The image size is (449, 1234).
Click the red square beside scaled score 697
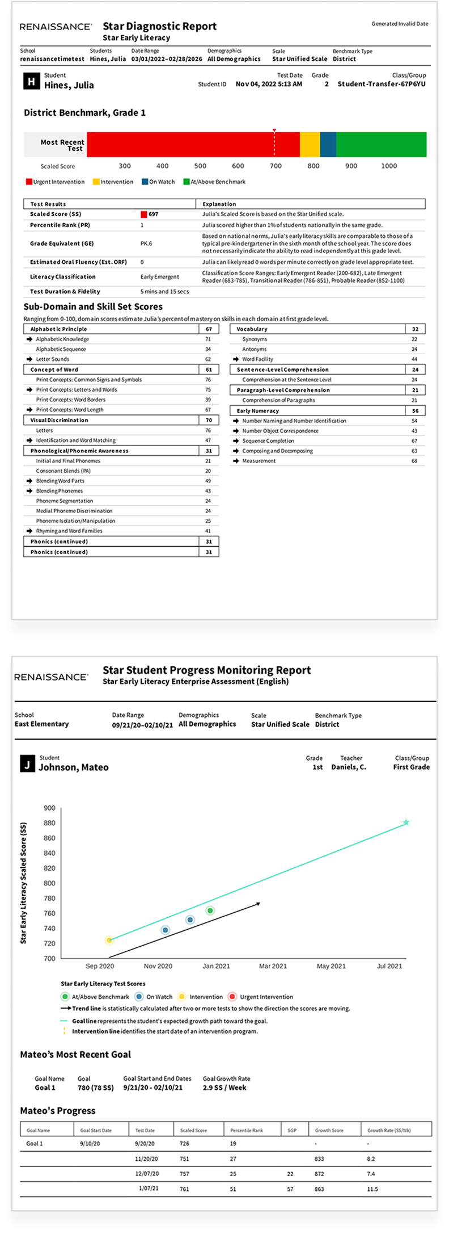pos(144,215)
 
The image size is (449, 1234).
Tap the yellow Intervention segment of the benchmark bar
pos(310,144)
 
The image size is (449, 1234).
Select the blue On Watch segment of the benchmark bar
pos(328,144)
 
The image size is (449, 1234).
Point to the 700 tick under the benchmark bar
pos(276,166)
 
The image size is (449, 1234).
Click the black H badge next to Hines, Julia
pos(31,82)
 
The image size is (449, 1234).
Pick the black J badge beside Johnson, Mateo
pos(27,764)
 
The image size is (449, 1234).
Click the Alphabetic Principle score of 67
pos(209,329)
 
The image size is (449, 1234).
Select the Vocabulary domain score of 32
pos(415,329)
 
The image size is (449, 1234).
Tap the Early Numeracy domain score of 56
pos(415,411)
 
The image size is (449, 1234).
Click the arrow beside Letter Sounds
pos(30,359)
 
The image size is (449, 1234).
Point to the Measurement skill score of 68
pos(414,461)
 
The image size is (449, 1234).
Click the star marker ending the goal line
pos(406,822)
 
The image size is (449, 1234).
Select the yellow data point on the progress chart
pos(109,941)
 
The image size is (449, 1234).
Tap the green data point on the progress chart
pos(210,910)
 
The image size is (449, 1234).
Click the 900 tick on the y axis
pos(49,808)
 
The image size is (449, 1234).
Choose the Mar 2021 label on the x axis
pos(273,966)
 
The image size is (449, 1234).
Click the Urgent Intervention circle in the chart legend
pos(232,997)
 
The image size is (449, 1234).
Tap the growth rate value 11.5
pos(372,1189)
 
